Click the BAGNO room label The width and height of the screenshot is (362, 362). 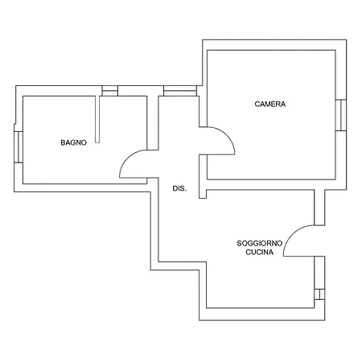click(73, 142)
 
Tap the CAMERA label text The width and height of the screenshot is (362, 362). click(270, 104)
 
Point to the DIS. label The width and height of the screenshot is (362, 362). click(179, 188)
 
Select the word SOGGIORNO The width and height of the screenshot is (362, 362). click(260, 243)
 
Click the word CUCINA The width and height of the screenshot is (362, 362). click(260, 252)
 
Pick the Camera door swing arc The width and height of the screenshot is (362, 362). click(227, 135)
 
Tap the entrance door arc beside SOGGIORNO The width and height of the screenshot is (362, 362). click(292, 233)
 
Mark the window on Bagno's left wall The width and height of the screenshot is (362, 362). click(19, 147)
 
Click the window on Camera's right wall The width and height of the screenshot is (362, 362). click(341, 115)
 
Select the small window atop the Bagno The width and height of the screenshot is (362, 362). click(110, 91)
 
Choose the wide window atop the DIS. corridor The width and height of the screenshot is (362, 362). click(180, 91)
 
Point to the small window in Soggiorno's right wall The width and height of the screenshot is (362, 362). click(319, 294)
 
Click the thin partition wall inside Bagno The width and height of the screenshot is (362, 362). click(97, 119)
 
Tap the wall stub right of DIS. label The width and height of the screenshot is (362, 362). click(203, 176)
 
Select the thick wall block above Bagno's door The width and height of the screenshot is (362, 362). click(153, 123)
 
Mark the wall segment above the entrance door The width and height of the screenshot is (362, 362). click(319, 208)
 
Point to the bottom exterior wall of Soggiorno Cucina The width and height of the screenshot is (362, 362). click(262, 314)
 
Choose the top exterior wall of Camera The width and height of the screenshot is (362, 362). click(274, 45)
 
